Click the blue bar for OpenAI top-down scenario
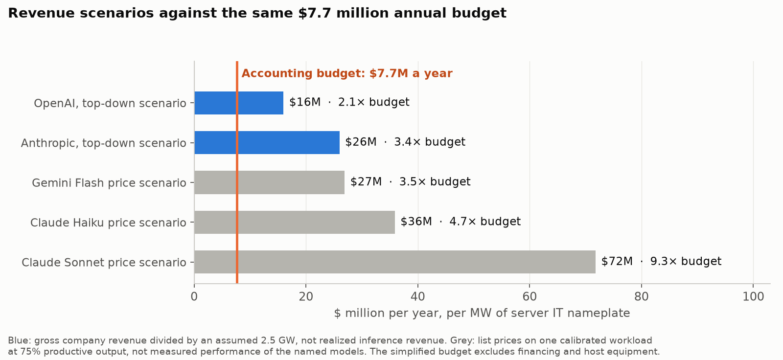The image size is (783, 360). coord(239,103)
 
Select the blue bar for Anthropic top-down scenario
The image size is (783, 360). coord(267,143)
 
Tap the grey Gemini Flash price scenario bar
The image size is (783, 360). coord(269,182)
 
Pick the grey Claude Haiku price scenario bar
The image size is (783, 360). coord(294,222)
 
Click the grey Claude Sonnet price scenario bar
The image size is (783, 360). coord(394,262)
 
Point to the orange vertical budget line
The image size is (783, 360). coord(237,172)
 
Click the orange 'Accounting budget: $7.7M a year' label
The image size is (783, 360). coord(347,73)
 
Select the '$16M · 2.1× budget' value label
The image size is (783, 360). coord(349,102)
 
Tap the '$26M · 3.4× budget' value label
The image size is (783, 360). coord(405,142)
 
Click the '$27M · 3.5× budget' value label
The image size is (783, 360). coord(411,182)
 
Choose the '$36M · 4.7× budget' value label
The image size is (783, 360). coord(461,222)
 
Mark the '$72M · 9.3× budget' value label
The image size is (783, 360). coord(661,261)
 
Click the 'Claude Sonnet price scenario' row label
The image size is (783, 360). coord(104,263)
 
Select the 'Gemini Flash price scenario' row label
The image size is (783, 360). coord(109,183)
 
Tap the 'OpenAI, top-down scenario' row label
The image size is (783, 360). coord(110,104)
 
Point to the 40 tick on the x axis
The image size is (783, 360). coord(418,297)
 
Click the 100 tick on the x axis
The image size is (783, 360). coord(753,297)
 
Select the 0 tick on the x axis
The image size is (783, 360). coord(194,297)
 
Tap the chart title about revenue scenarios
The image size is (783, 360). coord(257,13)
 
